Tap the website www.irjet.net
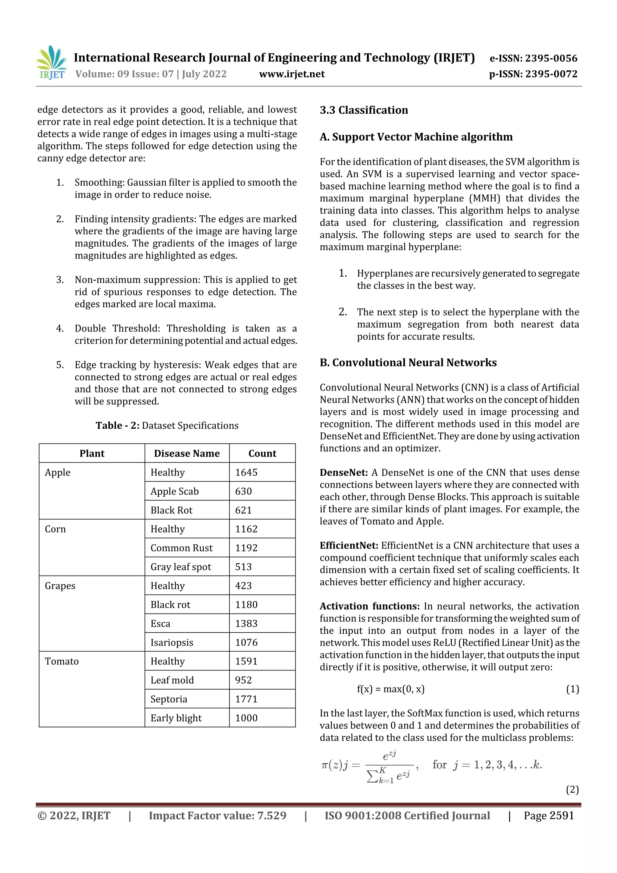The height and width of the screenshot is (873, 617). click(292, 74)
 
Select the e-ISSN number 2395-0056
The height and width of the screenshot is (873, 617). click(533, 58)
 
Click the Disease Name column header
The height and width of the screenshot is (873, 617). click(187, 453)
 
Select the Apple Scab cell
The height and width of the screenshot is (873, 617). click(174, 491)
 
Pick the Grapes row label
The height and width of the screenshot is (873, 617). click(60, 586)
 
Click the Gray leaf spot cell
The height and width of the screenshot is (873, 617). click(180, 567)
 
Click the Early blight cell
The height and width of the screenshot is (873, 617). click(176, 718)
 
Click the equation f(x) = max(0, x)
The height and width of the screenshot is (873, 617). click(390, 689)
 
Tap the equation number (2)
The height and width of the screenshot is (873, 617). click(572, 790)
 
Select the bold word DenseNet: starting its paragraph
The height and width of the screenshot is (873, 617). click(343, 473)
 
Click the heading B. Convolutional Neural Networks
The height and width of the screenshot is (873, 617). click(408, 363)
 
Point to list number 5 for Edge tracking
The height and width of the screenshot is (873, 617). click(60, 365)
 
